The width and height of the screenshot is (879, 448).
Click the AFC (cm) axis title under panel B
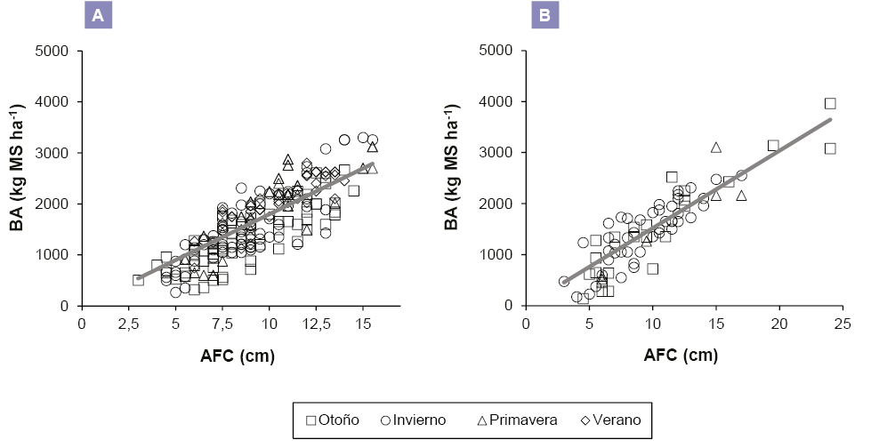coord(681,356)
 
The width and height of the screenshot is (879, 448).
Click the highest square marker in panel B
coord(830,103)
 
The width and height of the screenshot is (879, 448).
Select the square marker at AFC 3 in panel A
coord(138,279)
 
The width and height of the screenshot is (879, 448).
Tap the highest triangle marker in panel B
coord(715,147)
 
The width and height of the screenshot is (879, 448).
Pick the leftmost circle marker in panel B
coord(564,281)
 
